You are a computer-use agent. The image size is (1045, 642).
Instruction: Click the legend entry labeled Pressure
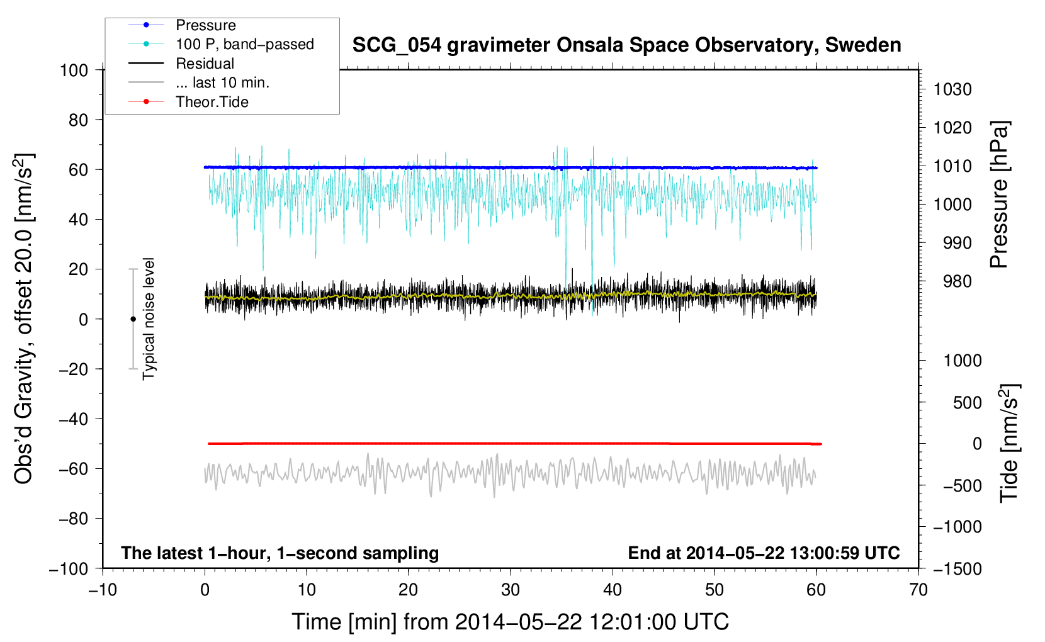[205, 25]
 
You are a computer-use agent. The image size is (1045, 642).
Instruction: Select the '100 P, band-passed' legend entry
[244, 44]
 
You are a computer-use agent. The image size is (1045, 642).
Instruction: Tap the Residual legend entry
[205, 64]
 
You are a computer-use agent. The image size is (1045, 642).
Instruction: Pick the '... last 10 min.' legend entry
[222, 82]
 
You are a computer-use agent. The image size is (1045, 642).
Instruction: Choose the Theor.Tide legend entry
[212, 102]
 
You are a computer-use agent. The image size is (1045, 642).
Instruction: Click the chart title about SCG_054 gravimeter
[626, 45]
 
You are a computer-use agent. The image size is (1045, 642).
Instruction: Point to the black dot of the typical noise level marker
[133, 319]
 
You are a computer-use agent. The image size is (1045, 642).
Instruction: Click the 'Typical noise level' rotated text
[149, 318]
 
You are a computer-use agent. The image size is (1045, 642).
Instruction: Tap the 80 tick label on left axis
[78, 120]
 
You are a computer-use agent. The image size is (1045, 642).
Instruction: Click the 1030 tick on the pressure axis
[952, 89]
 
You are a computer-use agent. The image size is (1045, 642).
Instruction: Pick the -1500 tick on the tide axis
[957, 568]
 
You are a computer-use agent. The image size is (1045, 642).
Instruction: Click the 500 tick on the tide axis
[967, 402]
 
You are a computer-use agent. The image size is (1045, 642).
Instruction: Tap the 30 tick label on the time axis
[511, 590]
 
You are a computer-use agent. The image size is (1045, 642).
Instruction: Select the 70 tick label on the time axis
[918, 590]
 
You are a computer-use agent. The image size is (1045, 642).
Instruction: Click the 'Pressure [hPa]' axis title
[999, 194]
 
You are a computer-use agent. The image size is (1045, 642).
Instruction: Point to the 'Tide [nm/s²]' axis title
[1009, 442]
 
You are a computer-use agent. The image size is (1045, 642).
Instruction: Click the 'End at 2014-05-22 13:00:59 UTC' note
[764, 553]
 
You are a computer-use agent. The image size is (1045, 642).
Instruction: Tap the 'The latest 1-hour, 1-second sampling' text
[280, 553]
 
